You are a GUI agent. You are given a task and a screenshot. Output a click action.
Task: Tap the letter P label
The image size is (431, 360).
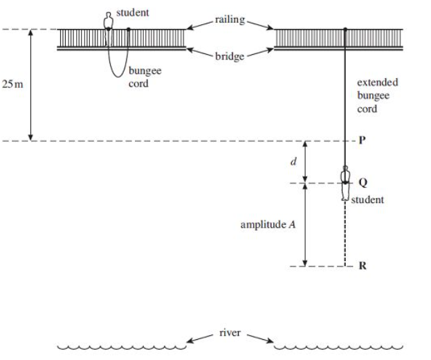[362, 141]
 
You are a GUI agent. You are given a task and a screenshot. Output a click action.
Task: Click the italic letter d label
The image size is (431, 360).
[293, 162]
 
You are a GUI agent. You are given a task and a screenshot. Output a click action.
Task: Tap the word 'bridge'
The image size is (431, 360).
[230, 56]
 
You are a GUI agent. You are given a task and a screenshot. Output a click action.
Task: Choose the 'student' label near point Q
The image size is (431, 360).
[367, 200]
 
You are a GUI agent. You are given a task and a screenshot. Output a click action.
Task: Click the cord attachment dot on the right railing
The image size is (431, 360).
[345, 29]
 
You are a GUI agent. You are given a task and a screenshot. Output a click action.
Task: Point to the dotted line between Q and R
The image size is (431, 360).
[345, 235]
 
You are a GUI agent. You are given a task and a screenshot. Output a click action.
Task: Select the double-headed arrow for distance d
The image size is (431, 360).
[307, 162]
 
